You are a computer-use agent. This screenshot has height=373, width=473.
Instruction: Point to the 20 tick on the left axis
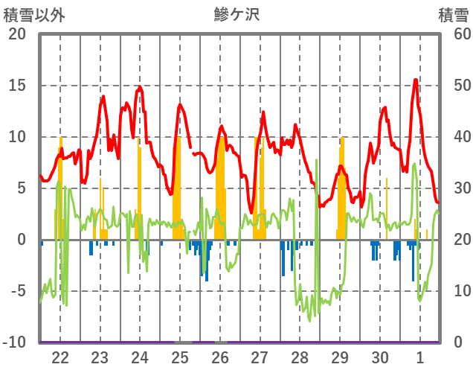[17, 34]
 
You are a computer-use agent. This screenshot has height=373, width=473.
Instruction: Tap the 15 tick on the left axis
[17, 86]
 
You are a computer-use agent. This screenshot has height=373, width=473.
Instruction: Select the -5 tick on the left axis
[17, 291]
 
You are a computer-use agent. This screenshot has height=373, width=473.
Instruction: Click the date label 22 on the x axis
[60, 357]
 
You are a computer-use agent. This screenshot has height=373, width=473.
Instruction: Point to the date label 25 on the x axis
[180, 357]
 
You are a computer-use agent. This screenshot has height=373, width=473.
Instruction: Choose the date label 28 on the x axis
[300, 357]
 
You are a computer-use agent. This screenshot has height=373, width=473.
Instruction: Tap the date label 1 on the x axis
[420, 357]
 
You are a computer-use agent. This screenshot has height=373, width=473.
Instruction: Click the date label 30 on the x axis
[380, 357]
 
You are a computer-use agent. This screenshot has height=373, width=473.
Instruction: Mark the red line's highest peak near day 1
[416, 80]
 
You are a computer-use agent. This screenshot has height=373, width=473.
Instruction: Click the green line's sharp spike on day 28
[316, 160]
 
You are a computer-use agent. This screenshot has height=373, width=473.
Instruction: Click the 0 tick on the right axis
[458, 342]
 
